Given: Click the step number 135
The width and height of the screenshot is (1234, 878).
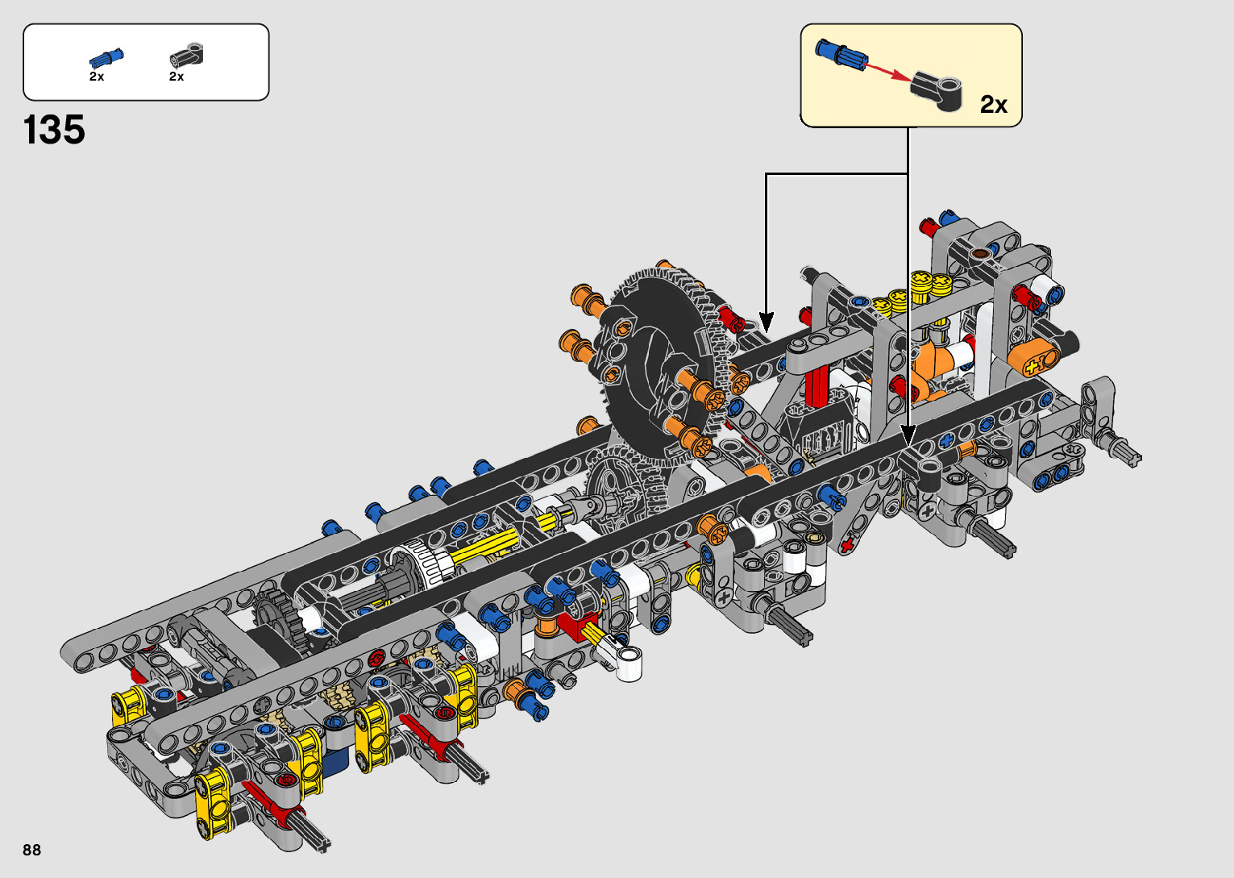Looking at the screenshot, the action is (x=54, y=130).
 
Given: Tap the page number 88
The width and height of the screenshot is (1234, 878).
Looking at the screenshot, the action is (x=32, y=849).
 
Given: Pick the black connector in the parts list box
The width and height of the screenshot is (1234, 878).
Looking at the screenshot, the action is (x=187, y=56).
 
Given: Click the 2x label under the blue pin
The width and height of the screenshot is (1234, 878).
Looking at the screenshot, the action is (x=97, y=77).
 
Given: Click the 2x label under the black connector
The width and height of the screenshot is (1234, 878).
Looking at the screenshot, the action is (x=177, y=77).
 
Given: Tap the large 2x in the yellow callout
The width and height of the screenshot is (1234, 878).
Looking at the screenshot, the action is (x=994, y=104).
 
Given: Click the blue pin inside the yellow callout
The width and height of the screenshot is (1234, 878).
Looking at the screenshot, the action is (x=841, y=53).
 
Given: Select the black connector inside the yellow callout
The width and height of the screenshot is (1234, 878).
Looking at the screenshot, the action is (x=937, y=89).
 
